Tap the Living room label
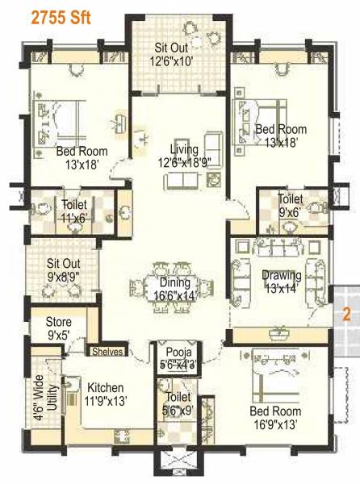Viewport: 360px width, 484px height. click(x=184, y=149)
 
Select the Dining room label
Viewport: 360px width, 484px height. click(x=174, y=282)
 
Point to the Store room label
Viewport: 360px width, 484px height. click(x=58, y=322)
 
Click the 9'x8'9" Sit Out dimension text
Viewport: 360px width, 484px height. click(x=62, y=277)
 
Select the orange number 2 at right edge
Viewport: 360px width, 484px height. click(x=345, y=315)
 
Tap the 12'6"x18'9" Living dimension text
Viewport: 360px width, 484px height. click(x=183, y=162)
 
